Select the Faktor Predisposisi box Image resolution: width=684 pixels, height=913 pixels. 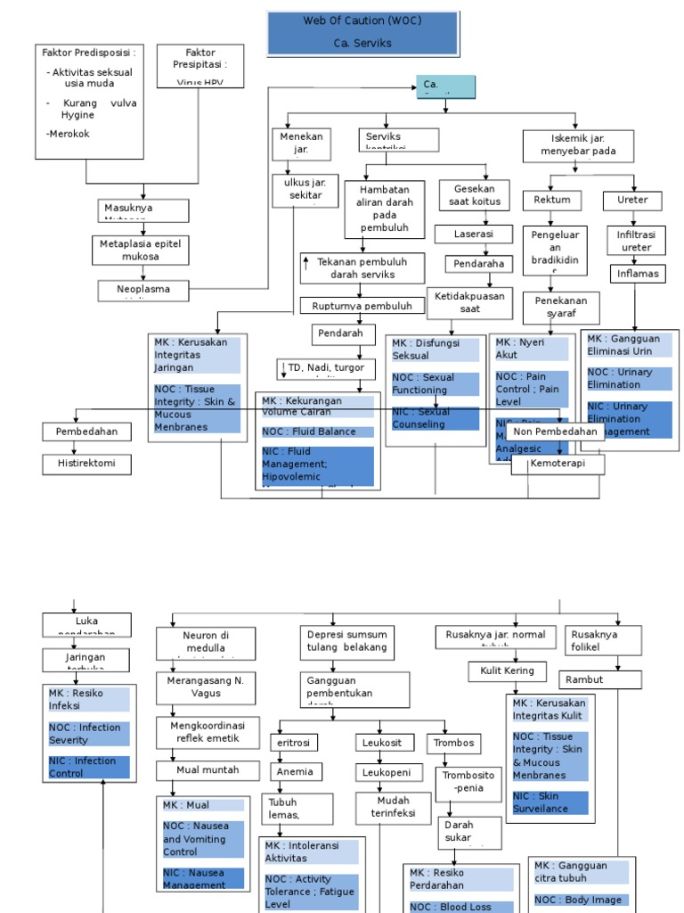point(90,101)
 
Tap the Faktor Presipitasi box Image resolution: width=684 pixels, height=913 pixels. point(200,66)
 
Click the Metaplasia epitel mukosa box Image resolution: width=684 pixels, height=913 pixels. point(142,250)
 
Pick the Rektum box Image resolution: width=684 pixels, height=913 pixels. point(552,200)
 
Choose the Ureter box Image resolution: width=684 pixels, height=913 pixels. point(632,200)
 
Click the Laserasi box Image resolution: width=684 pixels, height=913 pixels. point(474,234)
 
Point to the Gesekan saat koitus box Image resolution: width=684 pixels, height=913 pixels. point(474,195)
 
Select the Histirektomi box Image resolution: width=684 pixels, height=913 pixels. point(87,464)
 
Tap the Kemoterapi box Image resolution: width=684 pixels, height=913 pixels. point(558,465)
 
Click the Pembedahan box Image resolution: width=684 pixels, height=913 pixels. point(87,432)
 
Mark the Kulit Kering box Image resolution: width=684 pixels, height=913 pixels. point(507,670)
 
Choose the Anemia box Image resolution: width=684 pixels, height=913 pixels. point(297,771)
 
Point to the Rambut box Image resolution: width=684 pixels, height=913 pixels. point(601,679)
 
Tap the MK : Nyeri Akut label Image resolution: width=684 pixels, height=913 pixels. point(532,349)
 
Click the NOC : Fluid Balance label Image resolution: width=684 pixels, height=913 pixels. point(318,432)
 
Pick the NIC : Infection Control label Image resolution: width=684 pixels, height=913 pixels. point(89,767)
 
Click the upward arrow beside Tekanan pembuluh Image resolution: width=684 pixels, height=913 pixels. point(306,262)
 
